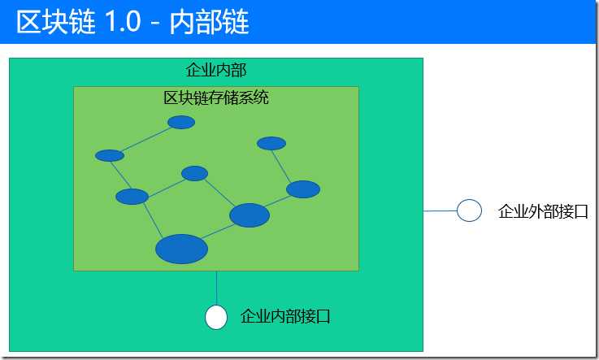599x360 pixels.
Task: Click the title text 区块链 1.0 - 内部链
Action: (x=132, y=22)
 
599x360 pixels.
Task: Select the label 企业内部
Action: (x=216, y=70)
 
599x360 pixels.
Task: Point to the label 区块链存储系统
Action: (x=216, y=98)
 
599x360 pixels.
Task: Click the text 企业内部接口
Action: (x=285, y=316)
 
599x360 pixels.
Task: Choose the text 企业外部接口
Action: (x=543, y=211)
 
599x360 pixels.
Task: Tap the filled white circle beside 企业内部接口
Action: (x=216, y=317)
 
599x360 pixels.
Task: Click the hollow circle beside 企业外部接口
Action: (x=469, y=210)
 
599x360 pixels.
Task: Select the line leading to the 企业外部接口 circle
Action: (x=440, y=210)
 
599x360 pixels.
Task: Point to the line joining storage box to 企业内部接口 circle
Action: (x=217, y=288)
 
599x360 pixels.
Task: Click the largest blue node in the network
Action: (x=181, y=249)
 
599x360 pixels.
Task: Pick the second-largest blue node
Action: (x=250, y=215)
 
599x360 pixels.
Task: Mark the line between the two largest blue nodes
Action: (x=218, y=232)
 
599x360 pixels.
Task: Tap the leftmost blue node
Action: (x=110, y=155)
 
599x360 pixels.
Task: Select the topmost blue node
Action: (x=181, y=122)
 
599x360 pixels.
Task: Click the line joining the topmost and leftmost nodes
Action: (x=145, y=139)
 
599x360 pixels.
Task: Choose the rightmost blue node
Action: (x=303, y=189)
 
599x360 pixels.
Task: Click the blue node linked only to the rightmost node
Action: (x=271, y=143)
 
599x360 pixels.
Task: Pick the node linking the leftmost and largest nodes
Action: (x=132, y=197)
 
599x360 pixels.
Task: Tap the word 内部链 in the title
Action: (x=210, y=22)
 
